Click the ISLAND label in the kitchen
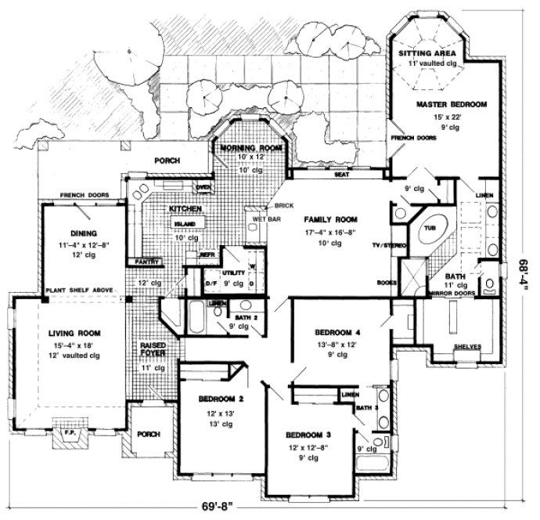[184, 223]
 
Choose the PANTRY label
[147, 261]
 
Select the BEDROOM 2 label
[220, 399]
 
